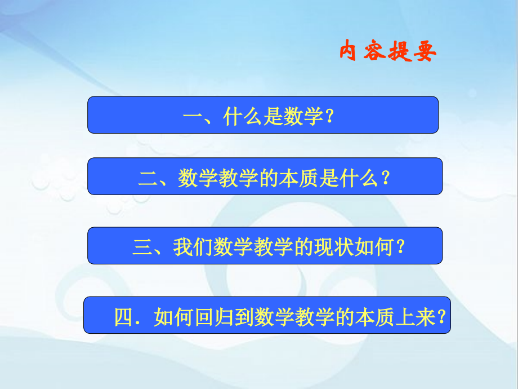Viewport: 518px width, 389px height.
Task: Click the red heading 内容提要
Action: (388, 53)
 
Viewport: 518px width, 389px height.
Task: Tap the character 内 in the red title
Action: (350, 53)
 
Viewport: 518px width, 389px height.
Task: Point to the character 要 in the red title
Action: (426, 53)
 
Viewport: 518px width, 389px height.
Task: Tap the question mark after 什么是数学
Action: (331, 117)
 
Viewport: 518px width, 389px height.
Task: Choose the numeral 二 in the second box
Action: (148, 179)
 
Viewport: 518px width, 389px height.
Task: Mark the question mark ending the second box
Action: (385, 179)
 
